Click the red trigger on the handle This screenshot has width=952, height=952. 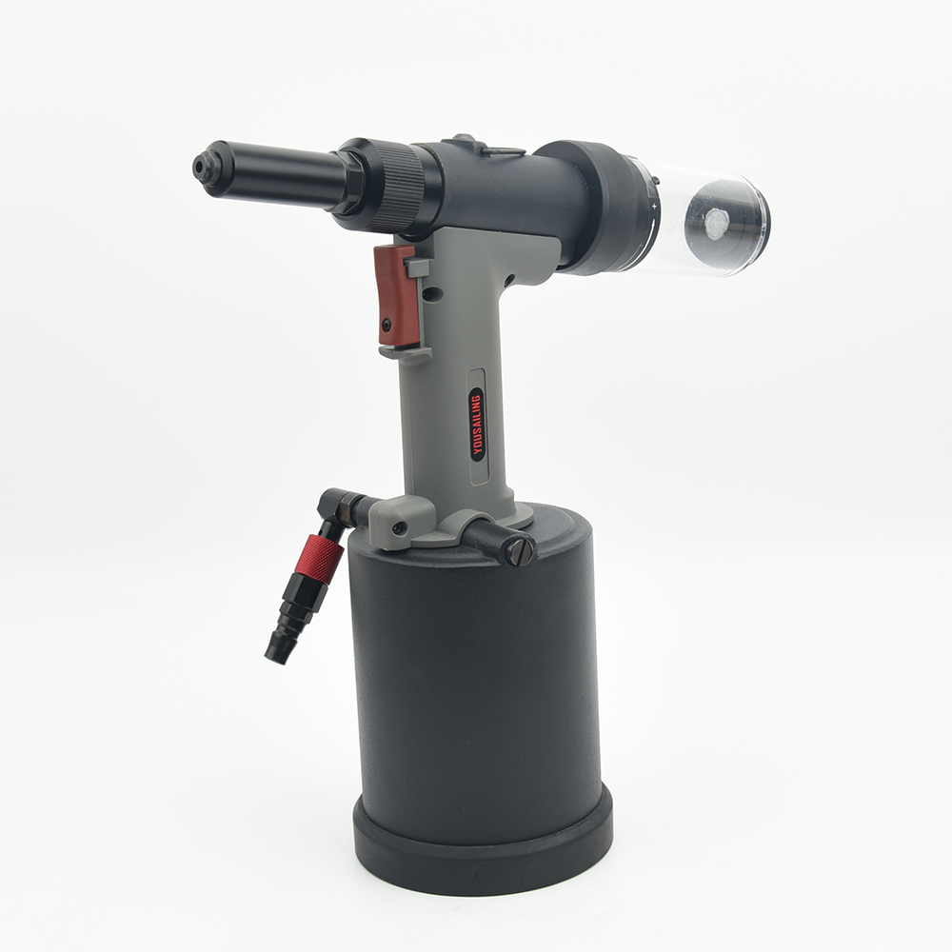coord(396,295)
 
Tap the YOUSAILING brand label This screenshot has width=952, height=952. coord(477,424)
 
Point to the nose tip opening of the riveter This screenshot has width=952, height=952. coord(201,167)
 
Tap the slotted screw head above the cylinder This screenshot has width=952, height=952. coord(519,551)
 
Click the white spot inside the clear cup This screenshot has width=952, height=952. coord(716,224)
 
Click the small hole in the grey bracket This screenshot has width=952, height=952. coord(403,526)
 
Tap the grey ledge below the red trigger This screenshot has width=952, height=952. coord(405,351)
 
